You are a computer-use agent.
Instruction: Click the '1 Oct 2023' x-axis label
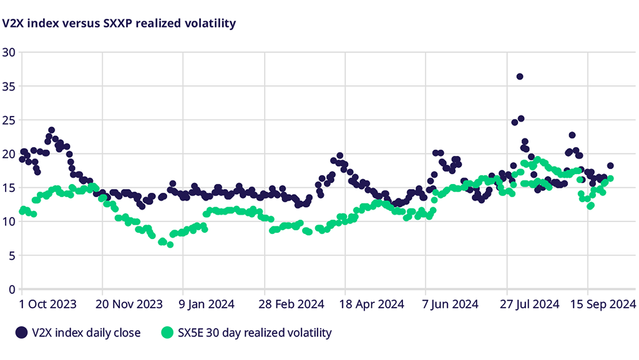49,304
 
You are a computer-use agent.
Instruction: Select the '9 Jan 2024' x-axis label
208,304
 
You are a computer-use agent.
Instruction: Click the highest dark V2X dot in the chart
520,77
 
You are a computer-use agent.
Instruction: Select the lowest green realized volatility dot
170,245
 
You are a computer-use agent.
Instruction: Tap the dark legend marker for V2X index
22,333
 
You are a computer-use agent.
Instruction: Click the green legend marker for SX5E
167,333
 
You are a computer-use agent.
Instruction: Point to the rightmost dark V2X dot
610,166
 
